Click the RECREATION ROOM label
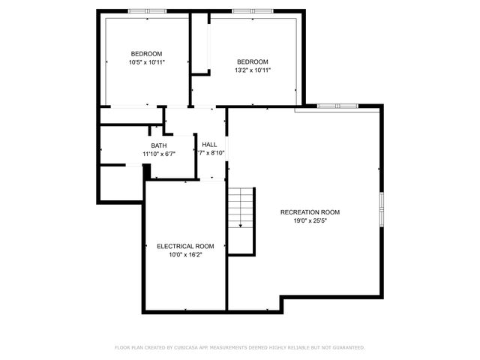pyautogui.click(x=310, y=212)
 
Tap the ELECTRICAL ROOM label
pyautogui.click(x=185, y=246)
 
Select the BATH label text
pyautogui.click(x=159, y=145)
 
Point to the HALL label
pyautogui.click(x=209, y=145)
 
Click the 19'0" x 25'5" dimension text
pyautogui.click(x=310, y=220)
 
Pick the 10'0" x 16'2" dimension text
pyautogui.click(x=185, y=254)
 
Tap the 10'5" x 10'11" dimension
pyautogui.click(x=146, y=62)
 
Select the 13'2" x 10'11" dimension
pyautogui.click(x=252, y=70)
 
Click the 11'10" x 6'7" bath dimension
pyautogui.click(x=159, y=154)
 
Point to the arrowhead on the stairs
pyautogui.click(x=241, y=224)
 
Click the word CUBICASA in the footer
pyautogui.click(x=184, y=348)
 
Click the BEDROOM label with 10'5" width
pyautogui.click(x=146, y=54)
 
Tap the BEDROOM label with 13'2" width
pyautogui.click(x=252, y=61)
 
